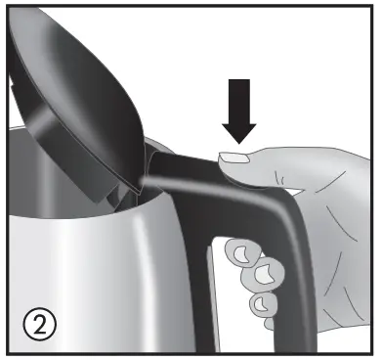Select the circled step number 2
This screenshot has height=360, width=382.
coord(36,320)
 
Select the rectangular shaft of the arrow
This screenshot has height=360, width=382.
coord(237,98)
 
